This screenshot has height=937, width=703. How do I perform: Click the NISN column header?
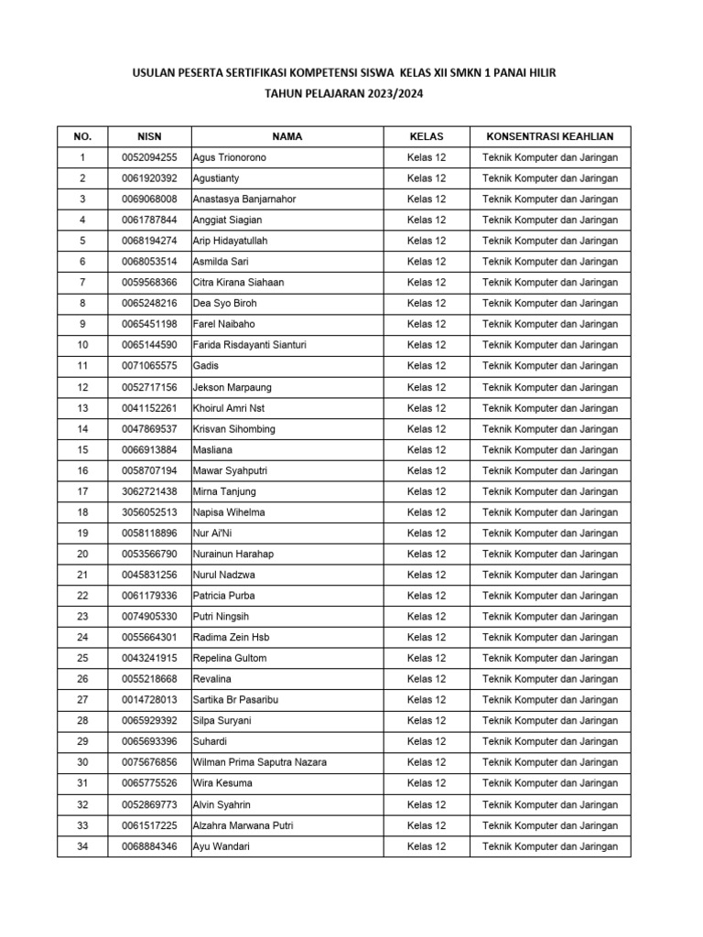tap(149, 136)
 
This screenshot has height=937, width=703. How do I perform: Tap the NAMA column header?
tap(287, 136)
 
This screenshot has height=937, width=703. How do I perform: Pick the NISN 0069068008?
tap(149, 199)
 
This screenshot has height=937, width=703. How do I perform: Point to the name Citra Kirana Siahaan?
tap(238, 283)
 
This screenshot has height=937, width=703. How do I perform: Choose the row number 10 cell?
tap(82, 345)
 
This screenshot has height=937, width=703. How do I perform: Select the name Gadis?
tap(205, 366)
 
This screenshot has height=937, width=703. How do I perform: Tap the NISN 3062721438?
tap(149, 491)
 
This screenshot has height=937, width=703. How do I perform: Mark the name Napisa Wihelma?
tap(230, 512)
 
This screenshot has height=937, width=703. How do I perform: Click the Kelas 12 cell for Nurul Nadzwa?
tap(427, 575)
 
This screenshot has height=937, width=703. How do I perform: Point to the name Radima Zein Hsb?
tap(231, 638)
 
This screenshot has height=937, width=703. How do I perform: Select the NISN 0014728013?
tap(149, 700)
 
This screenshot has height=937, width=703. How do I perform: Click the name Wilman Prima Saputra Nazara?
tap(259, 762)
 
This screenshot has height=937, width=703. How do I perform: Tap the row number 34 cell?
tap(82, 846)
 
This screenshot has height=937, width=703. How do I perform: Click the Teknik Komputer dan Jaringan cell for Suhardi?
tap(550, 742)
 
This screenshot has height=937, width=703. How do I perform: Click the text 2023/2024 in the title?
tap(393, 93)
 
